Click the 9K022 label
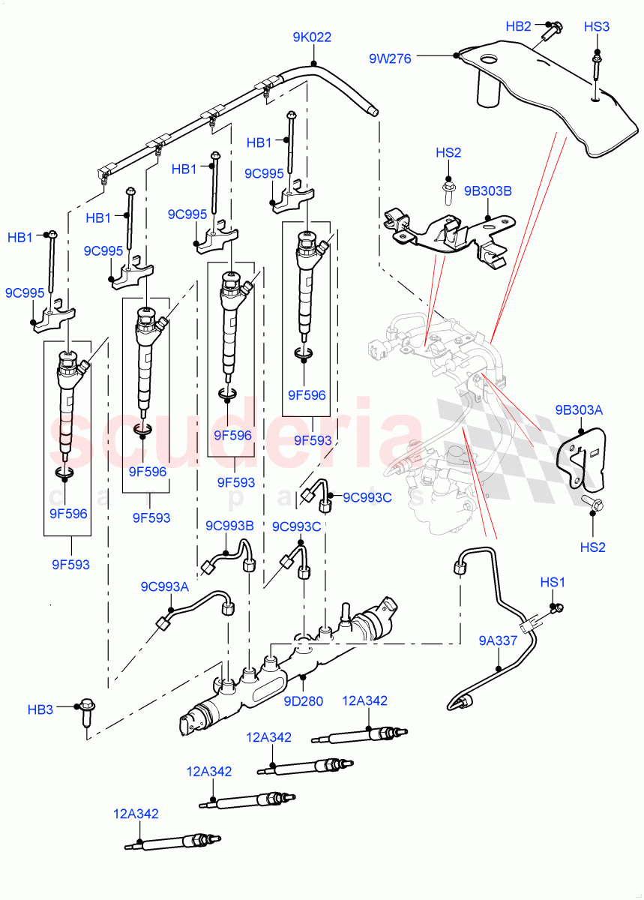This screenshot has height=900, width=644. pos(312,37)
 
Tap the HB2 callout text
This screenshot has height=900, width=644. pos(518,26)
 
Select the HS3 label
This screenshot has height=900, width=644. pos(596,26)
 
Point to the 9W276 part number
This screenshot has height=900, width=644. pos(390,58)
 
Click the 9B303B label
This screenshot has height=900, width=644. pos(487,191)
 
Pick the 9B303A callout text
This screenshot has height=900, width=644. pos(579,409)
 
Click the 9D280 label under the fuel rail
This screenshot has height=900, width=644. pos(304,701)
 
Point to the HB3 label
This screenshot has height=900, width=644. pos(40,709)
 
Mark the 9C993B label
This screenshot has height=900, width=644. pos(229,526)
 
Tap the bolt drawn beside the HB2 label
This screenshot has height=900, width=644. pos(551,28)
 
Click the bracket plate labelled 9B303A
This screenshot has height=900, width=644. pos(580,457)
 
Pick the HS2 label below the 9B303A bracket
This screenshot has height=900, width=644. pos(592,547)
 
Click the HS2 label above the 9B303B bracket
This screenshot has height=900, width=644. pos(448,152)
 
